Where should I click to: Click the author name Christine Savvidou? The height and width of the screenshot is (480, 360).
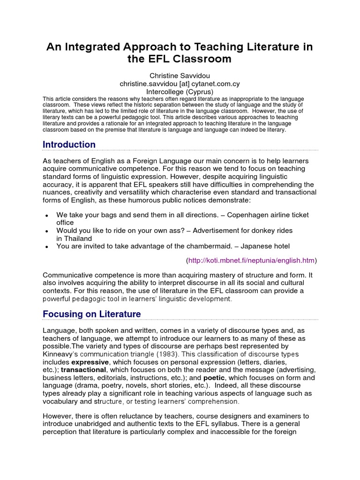180,75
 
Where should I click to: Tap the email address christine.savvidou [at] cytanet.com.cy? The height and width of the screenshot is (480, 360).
180,83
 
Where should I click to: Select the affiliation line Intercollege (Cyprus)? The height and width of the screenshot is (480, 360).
180,91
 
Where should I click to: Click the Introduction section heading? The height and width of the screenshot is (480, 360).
69,145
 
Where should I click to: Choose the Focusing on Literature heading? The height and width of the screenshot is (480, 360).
91,314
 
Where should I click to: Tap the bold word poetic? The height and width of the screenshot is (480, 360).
214,378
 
